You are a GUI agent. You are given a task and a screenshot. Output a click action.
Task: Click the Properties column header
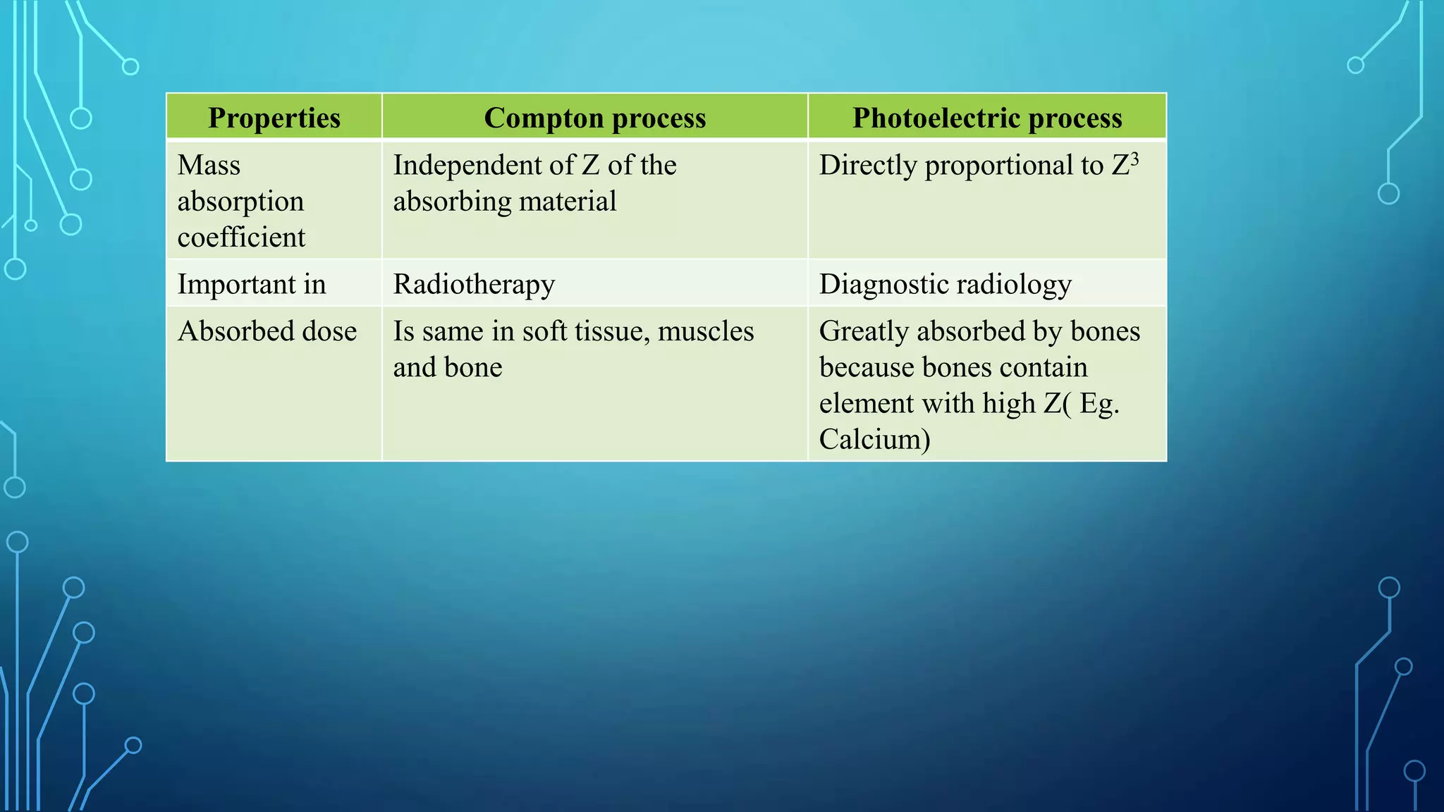pos(274,118)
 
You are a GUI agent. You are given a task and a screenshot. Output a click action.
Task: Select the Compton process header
pos(594,118)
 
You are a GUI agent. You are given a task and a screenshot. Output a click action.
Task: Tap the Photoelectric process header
pos(987,118)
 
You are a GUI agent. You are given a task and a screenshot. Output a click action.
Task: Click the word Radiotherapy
pos(474,285)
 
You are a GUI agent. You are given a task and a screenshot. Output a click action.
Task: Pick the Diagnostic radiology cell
pos(945,285)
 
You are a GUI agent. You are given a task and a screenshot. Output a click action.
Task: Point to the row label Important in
pos(252,285)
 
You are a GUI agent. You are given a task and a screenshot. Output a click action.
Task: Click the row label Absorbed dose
pos(267,331)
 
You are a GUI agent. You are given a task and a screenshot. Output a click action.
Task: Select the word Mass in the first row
pos(209,166)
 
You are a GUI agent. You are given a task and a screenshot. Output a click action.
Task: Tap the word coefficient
pos(241,238)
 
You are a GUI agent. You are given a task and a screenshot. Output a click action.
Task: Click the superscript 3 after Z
pos(1134,158)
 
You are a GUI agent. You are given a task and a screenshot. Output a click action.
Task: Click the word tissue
pos(609,331)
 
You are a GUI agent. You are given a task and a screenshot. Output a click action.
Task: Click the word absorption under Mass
pos(240,202)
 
